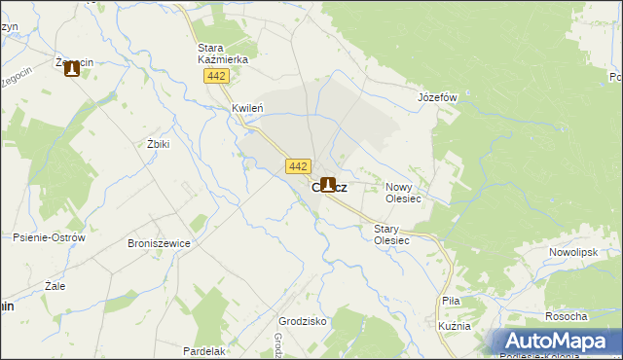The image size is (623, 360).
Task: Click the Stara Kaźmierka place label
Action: (223, 54)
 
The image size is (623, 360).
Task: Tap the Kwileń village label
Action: (248, 108)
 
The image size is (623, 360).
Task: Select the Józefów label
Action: (437, 98)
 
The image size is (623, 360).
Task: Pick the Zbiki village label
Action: (158, 144)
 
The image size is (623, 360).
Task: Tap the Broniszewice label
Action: (159, 244)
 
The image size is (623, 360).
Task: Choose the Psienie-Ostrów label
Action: (50, 237)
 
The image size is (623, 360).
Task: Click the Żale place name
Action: (55, 287)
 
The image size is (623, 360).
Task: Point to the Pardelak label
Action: (204, 350)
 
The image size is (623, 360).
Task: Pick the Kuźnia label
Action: (455, 326)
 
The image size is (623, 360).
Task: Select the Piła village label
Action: (451, 302)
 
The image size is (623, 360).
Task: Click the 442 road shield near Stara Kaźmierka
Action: (217, 75)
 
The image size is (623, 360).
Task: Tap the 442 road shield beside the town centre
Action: (299, 166)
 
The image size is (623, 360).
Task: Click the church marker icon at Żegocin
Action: (71, 69)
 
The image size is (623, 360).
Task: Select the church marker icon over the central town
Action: (329, 183)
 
